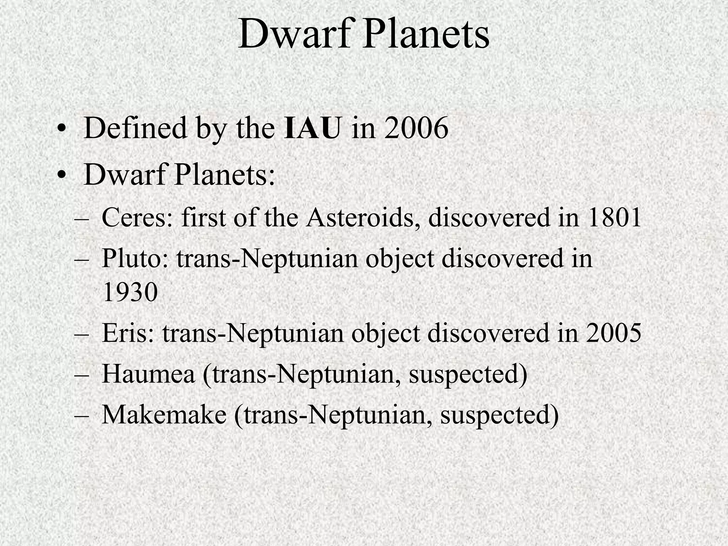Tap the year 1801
tap(614, 217)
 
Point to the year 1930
tap(130, 292)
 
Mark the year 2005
tap(614, 333)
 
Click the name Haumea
tap(149, 374)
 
